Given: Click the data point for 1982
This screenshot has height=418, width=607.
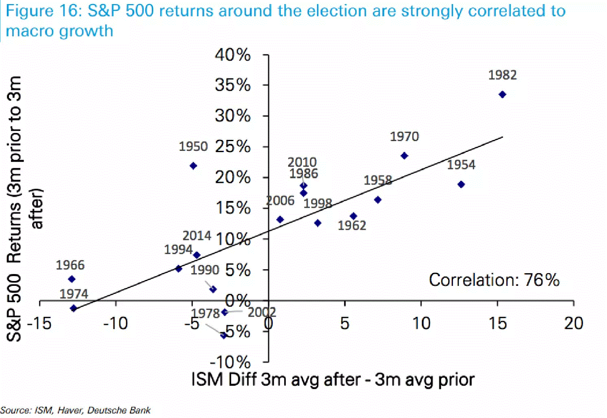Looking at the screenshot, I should [x=502, y=94].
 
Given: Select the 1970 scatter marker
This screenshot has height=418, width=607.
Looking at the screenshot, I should [x=404, y=155].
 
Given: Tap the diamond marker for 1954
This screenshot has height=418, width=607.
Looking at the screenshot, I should [x=461, y=184].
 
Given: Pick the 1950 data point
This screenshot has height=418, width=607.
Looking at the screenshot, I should [x=193, y=166].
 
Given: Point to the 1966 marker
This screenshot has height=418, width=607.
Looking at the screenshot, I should [x=72, y=279].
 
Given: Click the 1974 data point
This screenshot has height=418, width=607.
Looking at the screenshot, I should [x=74, y=308].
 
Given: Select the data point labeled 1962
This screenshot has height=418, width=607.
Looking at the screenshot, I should [x=353, y=216].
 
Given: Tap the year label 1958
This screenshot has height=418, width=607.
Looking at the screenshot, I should [x=378, y=180].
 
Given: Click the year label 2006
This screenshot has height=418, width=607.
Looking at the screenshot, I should [x=280, y=200].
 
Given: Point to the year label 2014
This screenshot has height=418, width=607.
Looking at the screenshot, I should [x=197, y=236].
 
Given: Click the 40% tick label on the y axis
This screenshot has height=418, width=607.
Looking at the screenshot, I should [x=233, y=54].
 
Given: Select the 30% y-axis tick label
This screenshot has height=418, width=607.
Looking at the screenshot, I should [x=233, y=116].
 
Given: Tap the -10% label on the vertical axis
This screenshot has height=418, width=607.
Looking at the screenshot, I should [x=230, y=362].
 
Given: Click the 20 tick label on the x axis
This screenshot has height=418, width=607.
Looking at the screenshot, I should [x=573, y=324].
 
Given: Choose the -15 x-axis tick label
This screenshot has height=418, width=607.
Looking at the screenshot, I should [x=39, y=324].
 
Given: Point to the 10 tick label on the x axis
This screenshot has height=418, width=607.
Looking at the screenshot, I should [x=421, y=324].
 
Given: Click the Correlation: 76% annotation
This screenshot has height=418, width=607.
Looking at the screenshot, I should [x=494, y=280].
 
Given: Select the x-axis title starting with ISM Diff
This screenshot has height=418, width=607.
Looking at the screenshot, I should [x=333, y=380].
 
